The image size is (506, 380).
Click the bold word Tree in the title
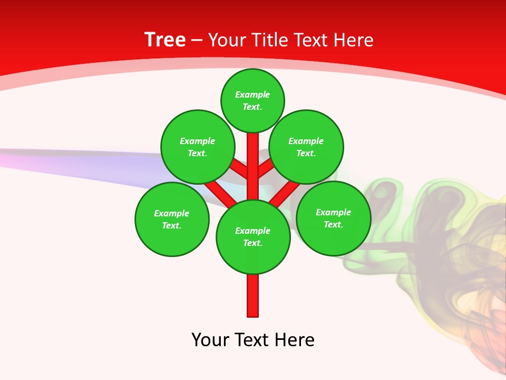click(165, 40)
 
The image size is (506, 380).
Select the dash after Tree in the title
click(197, 41)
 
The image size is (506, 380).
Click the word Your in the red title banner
click(226, 40)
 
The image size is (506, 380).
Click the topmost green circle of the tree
click(252, 100)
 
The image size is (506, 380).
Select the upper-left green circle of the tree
click(198, 147)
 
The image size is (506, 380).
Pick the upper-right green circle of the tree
click(306, 147)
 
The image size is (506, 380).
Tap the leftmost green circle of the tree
click(172, 219)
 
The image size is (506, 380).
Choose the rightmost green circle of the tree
click(334, 218)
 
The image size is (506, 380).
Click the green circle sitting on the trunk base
click(253, 237)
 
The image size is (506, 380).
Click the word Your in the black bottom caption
click(210, 340)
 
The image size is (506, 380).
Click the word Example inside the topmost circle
click(252, 94)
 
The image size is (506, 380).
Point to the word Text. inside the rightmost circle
click(334, 224)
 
